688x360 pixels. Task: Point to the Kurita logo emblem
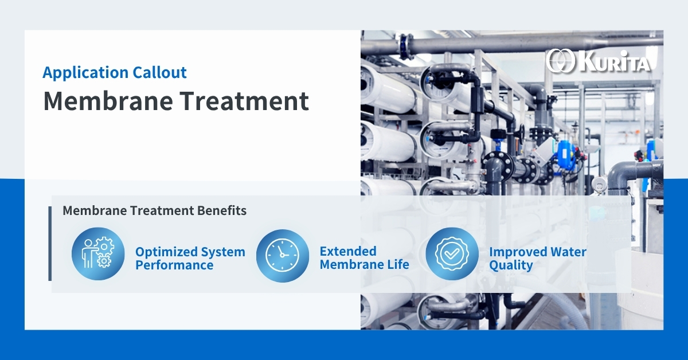tap(560, 61)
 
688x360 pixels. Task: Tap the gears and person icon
tap(98, 253)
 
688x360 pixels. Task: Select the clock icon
tap(282, 256)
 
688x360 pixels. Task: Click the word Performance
tap(174, 265)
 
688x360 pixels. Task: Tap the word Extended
tap(348, 251)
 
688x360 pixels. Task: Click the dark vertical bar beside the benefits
tap(50, 244)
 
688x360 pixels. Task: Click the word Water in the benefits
tap(569, 252)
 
